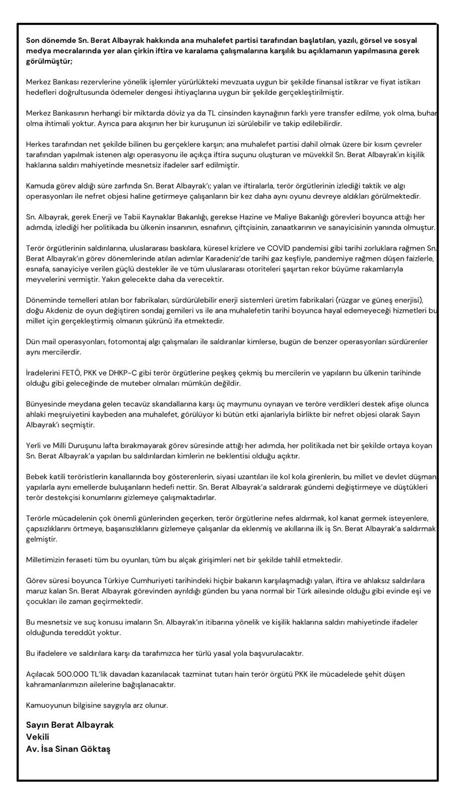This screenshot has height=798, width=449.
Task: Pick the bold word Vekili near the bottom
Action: (x=38, y=737)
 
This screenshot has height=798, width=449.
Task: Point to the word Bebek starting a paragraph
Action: (x=36, y=476)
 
